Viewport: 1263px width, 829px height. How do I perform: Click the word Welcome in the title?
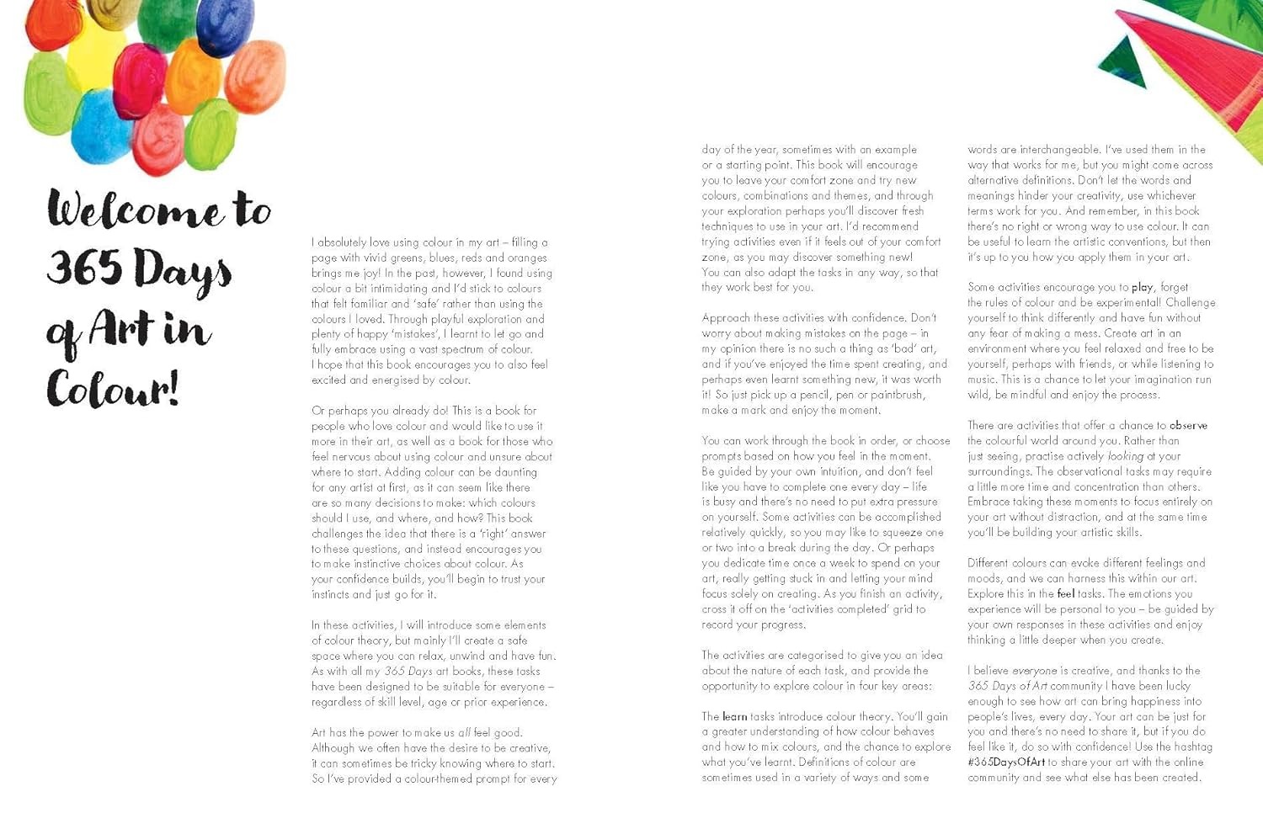coord(135,210)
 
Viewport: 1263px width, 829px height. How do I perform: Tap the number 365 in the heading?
coord(84,267)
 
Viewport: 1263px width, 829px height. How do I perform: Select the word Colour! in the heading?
coord(112,389)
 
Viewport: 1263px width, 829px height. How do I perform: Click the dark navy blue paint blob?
coord(224,28)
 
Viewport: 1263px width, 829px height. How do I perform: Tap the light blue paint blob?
coord(102,126)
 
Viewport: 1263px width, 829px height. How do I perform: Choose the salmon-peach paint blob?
coord(255,77)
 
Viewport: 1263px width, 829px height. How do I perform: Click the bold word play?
coord(1143,287)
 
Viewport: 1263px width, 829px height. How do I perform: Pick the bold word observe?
coord(1188,425)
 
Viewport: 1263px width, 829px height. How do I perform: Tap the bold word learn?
coord(734,716)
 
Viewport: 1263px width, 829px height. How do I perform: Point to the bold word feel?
coord(1066,593)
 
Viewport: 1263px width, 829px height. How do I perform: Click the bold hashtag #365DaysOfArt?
coord(1006,762)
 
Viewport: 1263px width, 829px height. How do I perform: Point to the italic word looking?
coord(1125,455)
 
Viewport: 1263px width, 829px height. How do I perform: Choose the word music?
coord(983,379)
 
